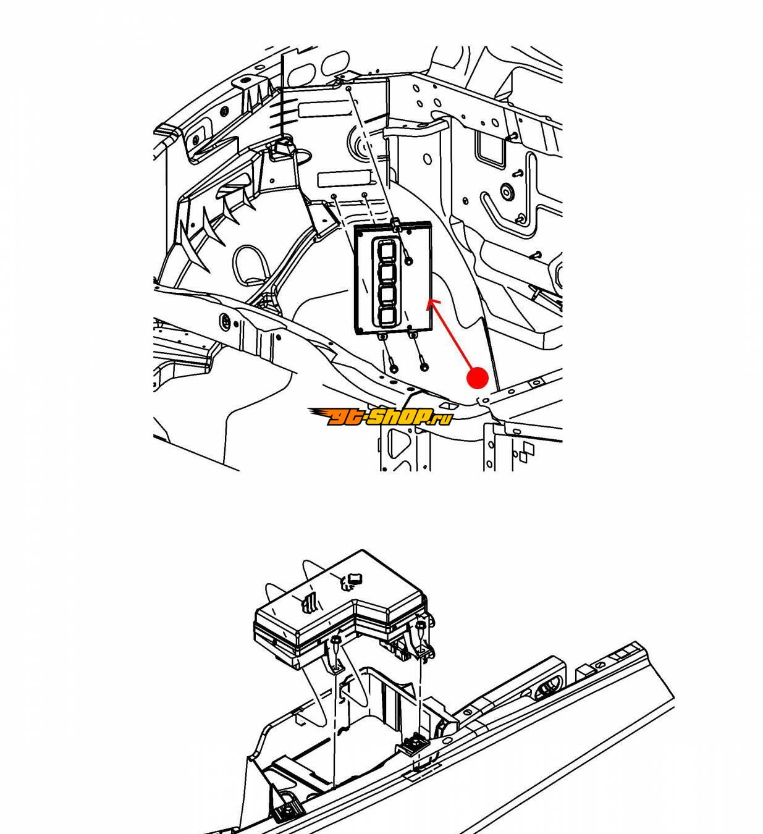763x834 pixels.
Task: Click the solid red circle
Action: coord(477,378)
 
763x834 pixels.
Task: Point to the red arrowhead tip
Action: coord(428,300)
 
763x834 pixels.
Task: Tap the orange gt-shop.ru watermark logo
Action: coord(380,416)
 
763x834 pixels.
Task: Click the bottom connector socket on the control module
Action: coord(386,318)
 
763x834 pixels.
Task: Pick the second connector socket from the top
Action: coord(386,274)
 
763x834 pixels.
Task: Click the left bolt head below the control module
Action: coord(394,368)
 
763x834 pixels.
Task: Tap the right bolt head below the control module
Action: coord(424,367)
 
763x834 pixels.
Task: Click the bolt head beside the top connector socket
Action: coord(409,261)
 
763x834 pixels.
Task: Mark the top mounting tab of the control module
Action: coord(396,224)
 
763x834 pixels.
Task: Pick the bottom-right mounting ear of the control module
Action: coord(413,334)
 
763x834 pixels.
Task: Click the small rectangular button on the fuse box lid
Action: coord(354,578)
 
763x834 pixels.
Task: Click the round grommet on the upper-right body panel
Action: coord(507,191)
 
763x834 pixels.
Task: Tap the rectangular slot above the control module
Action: coord(345,179)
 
